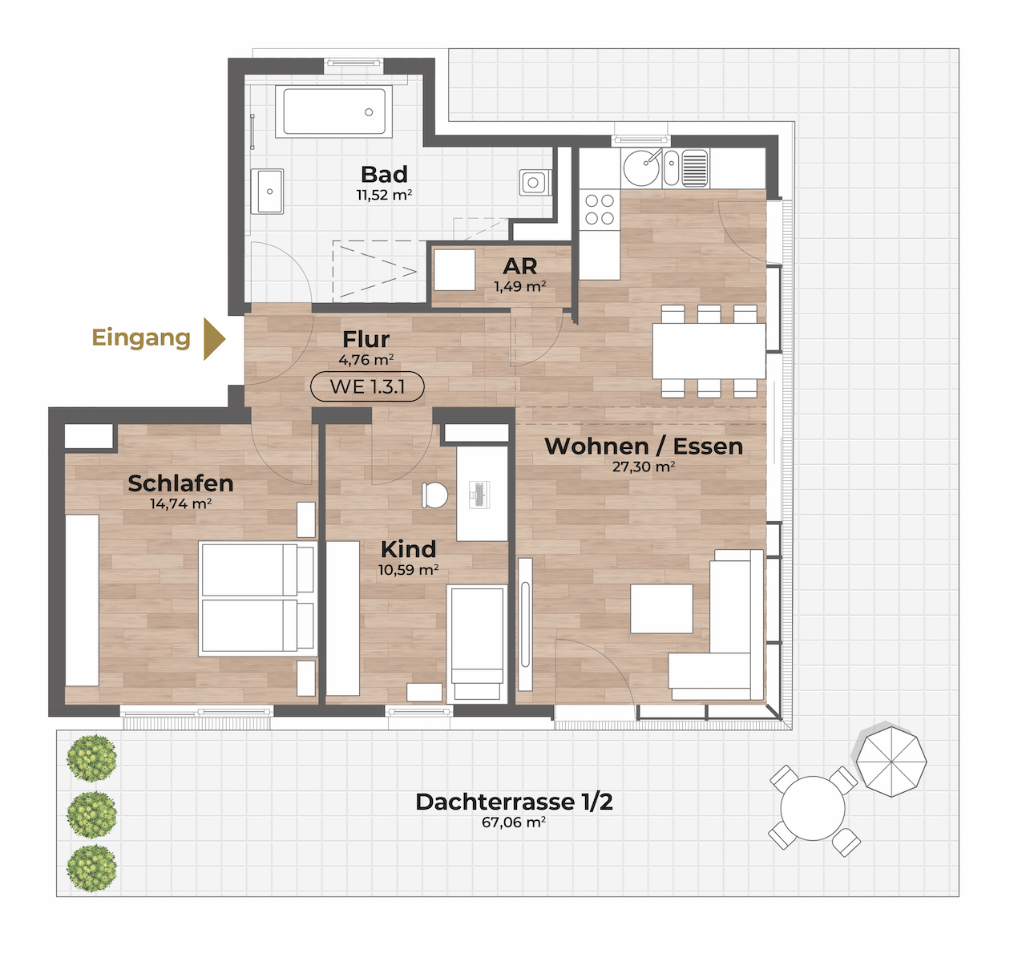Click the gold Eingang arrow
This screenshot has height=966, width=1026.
[214, 338]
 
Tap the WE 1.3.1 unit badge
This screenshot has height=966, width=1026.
[367, 386]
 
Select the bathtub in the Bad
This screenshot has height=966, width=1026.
[333, 111]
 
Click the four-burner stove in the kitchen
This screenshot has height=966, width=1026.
[600, 209]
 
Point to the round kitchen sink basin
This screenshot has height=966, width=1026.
[642, 168]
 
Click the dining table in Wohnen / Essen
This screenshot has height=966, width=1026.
[709, 351]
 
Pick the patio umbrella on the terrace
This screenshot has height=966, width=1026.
[891, 762]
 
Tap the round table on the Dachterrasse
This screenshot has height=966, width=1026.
[813, 808]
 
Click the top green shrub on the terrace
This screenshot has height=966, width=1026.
[91, 758]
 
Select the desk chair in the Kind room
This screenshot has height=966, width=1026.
[434, 495]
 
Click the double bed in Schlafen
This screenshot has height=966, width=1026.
[256, 599]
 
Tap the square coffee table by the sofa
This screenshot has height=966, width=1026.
[661, 608]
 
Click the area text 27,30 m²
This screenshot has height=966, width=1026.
[644, 467]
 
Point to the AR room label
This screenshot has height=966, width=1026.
[519, 266]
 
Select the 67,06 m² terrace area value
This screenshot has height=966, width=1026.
[514, 823]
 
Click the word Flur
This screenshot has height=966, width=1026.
[366, 339]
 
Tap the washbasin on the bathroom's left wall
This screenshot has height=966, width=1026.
[267, 192]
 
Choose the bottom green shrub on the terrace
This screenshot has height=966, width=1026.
[91, 868]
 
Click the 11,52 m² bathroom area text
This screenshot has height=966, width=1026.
[384, 195]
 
